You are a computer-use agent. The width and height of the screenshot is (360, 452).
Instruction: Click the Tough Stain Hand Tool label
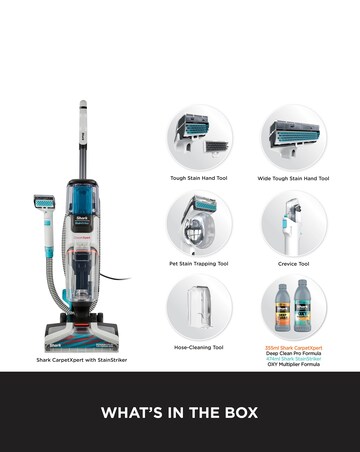click(x=200, y=178)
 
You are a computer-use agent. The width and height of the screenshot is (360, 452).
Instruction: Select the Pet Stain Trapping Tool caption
click(x=200, y=264)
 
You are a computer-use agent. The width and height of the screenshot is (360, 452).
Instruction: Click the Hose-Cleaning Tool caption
click(x=200, y=347)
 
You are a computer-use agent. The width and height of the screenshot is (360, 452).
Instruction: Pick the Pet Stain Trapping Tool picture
click(x=200, y=222)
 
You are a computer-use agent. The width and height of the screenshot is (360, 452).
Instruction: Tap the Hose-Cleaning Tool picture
click(x=200, y=306)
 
